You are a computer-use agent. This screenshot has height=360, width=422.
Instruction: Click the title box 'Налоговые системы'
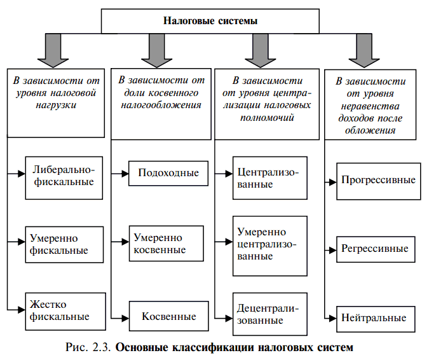(x=210, y=21)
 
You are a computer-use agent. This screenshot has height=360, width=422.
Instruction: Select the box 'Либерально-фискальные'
(x=62, y=176)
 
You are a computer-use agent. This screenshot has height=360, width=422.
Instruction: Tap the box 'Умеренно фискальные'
(x=62, y=244)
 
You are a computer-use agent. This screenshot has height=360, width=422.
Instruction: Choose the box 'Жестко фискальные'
(x=62, y=310)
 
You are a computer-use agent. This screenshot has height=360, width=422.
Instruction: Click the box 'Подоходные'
(x=168, y=173)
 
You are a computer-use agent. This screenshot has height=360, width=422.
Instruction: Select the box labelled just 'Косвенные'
(x=168, y=317)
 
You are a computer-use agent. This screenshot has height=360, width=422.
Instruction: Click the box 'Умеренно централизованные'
(x=269, y=244)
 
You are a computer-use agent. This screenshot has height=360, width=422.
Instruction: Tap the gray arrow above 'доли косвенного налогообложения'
(x=156, y=48)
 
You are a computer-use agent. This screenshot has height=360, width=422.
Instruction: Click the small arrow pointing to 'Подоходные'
(x=120, y=173)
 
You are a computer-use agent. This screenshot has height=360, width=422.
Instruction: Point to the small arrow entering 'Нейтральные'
(x=329, y=317)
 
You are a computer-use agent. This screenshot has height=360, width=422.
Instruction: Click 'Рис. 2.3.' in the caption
(x=88, y=348)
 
